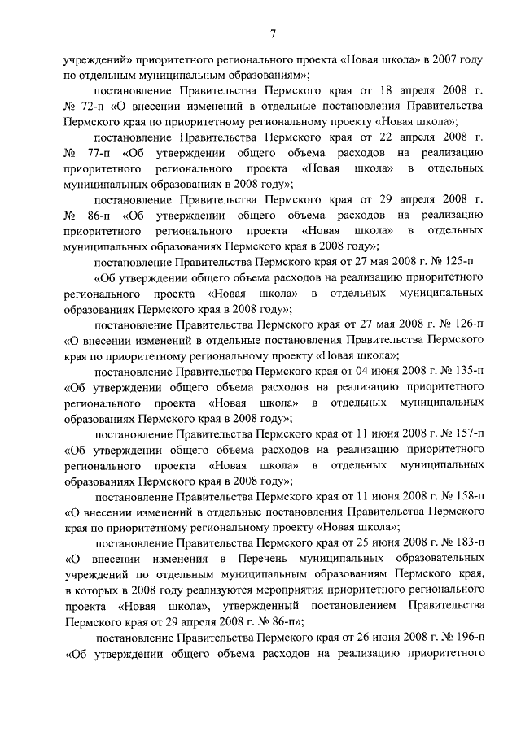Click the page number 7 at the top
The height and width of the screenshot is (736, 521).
[274, 33]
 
